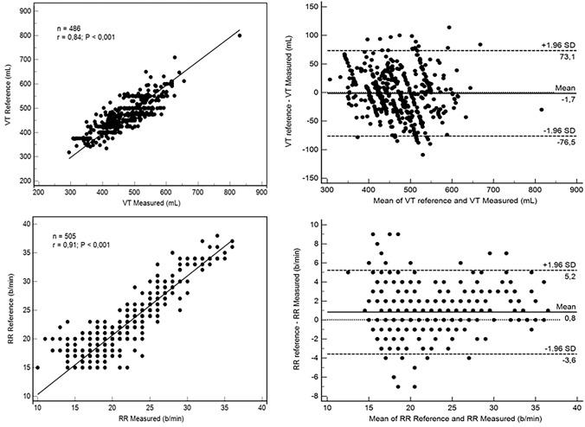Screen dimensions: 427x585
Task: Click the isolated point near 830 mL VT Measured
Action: [x=241, y=35]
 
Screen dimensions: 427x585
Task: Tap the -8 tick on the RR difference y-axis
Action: [x=312, y=396]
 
